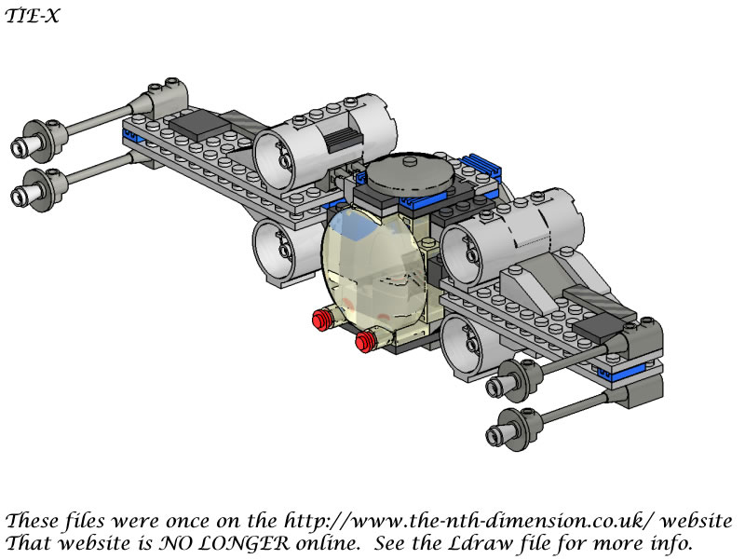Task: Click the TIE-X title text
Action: pyautogui.click(x=33, y=16)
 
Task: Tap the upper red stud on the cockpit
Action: pyautogui.click(x=321, y=319)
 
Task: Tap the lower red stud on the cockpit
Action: pyautogui.click(x=365, y=341)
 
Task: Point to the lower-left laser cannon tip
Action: pyautogui.click(x=18, y=196)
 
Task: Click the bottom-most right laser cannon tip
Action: pyautogui.click(x=494, y=434)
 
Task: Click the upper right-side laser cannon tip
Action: pyautogui.click(x=494, y=386)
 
